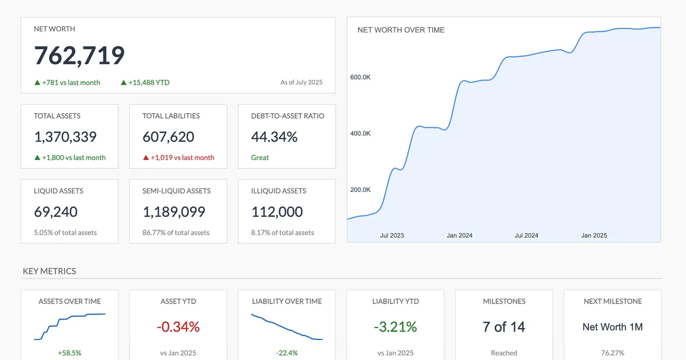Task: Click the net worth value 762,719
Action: [x=79, y=55]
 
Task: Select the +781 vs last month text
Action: [x=67, y=82]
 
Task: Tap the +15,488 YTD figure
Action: [x=145, y=82]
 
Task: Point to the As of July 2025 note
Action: [x=301, y=82]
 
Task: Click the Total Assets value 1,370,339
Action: [x=65, y=137]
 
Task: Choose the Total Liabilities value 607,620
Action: [x=168, y=137]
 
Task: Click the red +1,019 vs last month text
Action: [x=178, y=158]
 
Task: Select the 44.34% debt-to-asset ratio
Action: [x=274, y=137]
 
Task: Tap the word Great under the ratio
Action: [x=260, y=158]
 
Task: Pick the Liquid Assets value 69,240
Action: [x=55, y=212]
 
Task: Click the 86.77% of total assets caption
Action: [x=176, y=233]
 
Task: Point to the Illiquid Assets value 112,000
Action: [x=277, y=212]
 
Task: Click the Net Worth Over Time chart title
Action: [x=401, y=30]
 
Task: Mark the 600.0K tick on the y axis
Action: [x=360, y=77]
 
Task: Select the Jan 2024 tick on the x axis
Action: [x=460, y=235]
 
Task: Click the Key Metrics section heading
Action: [x=49, y=271]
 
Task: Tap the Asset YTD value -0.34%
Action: [x=178, y=327]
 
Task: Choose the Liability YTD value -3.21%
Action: [x=396, y=327]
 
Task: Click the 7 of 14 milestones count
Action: [x=504, y=327]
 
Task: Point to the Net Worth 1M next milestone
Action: [x=613, y=327]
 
